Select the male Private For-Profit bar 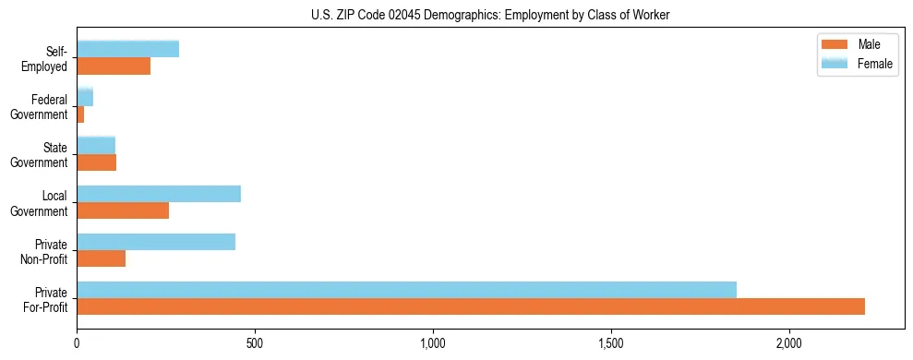471,306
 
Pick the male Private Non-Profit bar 102,258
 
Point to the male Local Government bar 123,210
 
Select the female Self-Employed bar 127,49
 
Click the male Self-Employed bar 114,66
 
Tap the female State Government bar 96,145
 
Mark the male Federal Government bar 80,114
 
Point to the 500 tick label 255,343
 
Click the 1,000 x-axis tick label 433,343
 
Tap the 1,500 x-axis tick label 611,343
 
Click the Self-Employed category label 47,58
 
